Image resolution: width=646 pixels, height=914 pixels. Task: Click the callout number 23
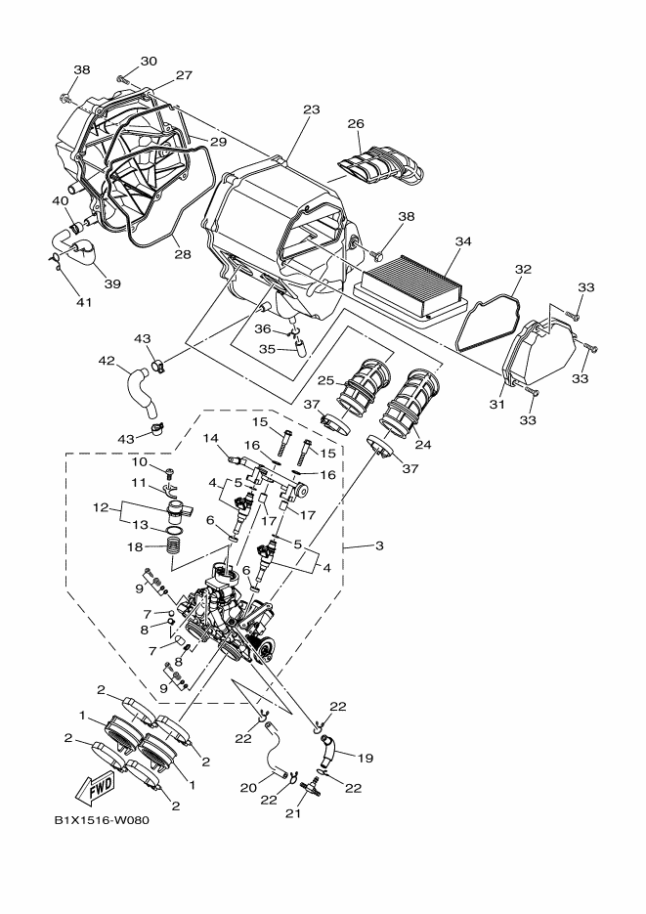(311, 110)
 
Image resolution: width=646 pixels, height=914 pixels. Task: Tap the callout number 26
(356, 125)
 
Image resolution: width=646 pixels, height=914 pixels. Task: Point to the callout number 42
(108, 361)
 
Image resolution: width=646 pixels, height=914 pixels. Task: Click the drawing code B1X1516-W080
(97, 819)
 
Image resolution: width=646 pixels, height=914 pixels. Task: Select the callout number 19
(366, 757)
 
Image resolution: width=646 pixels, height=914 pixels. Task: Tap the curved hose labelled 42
(140, 386)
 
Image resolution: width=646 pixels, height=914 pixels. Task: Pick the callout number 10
(140, 460)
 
